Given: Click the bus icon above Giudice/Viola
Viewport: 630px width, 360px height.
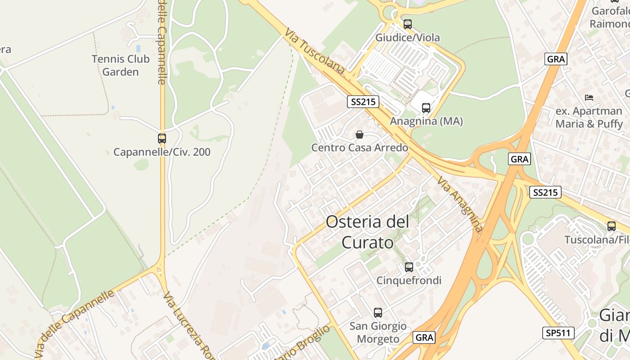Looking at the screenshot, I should click(x=408, y=24).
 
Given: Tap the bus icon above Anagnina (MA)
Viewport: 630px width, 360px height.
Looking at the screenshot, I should click(x=426, y=108).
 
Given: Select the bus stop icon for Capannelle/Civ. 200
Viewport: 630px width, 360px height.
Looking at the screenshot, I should click(x=162, y=139).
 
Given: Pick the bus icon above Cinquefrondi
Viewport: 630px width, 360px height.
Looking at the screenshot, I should click(x=409, y=267).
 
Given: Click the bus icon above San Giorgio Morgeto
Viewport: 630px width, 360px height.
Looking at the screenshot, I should click(x=378, y=313).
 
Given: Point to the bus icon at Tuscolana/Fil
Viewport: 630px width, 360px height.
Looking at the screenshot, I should click(x=611, y=226).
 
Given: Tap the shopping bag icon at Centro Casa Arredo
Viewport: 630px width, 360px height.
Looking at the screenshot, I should click(x=360, y=135).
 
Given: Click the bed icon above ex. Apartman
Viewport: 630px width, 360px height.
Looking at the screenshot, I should click(x=589, y=97).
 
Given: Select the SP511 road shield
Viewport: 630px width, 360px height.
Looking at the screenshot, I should click(x=558, y=333).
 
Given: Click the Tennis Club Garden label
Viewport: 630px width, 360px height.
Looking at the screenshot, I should click(x=121, y=65).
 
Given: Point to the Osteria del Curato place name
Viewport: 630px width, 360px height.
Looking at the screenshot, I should click(x=368, y=232).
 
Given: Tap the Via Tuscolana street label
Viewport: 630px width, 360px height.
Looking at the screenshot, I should click(x=315, y=50).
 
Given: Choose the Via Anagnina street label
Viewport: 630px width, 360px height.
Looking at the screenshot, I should click(x=460, y=204).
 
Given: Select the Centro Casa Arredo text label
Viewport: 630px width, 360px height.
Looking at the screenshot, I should click(x=360, y=148).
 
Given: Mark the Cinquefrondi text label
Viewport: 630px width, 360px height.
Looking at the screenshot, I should click(x=409, y=280).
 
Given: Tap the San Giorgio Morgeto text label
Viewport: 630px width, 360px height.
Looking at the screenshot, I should click(x=378, y=332).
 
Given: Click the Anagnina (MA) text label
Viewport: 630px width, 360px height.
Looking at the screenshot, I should click(x=426, y=121).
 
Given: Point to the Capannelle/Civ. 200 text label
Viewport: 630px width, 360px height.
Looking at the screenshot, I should click(x=162, y=152).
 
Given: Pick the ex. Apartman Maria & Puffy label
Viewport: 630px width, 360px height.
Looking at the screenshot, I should click(x=589, y=117).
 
